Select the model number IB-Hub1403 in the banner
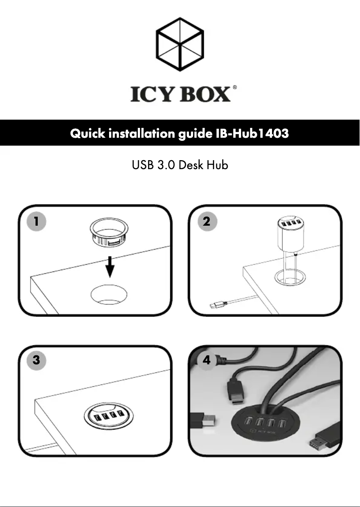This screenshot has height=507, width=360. (x=250, y=134)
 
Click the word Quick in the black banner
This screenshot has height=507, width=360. (x=88, y=134)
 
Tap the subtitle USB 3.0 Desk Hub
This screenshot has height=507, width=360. (x=180, y=165)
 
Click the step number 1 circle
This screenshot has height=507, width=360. (x=36, y=222)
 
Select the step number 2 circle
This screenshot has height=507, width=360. (x=206, y=222)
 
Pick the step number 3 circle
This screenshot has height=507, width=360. (x=36, y=360)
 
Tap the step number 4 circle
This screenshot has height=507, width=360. (x=206, y=360)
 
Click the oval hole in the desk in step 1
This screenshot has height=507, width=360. (x=109, y=294)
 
